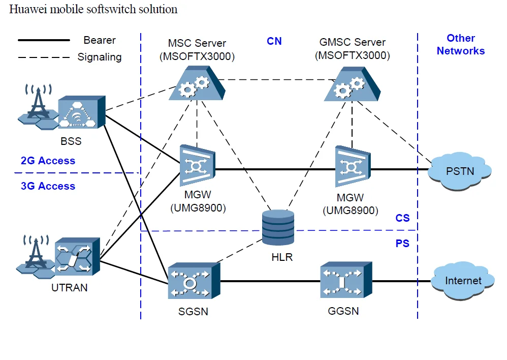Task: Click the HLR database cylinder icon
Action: [x=278, y=227]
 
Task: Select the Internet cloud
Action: [x=463, y=280]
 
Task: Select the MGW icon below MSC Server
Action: [x=197, y=166]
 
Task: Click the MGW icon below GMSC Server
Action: [x=352, y=167]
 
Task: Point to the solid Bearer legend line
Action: [x=44, y=40]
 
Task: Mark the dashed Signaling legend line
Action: [x=44, y=57]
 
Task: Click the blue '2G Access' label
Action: [x=48, y=161]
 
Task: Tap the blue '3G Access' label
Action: [x=48, y=186]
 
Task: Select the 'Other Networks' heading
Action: [x=460, y=45]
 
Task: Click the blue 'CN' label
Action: [x=274, y=41]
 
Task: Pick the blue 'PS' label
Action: [x=402, y=244]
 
